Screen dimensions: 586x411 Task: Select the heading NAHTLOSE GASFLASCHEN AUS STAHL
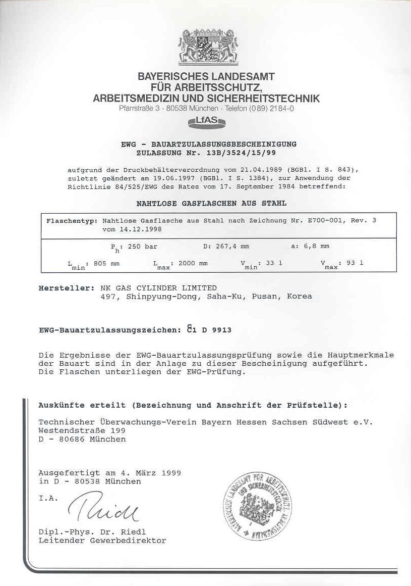tap(211, 203)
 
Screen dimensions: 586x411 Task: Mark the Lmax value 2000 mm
tap(193, 263)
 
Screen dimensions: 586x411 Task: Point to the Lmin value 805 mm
tap(107, 263)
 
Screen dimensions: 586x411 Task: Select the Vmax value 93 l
tap(355, 263)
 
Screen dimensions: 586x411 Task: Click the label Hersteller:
tap(66, 288)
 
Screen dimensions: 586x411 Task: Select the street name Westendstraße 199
tap(82, 430)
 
